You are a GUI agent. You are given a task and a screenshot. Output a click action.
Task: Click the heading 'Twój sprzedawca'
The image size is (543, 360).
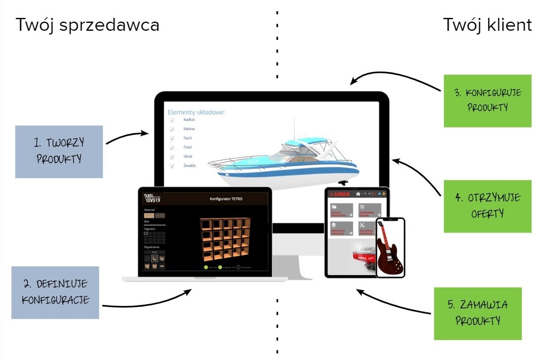click(88, 25)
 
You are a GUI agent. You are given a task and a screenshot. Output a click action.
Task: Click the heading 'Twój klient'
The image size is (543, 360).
click(488, 25)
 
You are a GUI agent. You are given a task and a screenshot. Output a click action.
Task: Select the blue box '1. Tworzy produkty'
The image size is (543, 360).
click(59, 151)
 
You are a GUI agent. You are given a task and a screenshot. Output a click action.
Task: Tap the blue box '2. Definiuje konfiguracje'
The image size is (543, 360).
click(55, 292)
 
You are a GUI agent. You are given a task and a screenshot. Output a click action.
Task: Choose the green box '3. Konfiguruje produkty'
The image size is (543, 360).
click(487, 101)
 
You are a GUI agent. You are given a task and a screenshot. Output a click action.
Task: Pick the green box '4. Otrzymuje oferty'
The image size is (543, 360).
click(487, 206)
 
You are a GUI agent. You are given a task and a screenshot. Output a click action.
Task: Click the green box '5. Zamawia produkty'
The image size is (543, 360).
click(477, 313)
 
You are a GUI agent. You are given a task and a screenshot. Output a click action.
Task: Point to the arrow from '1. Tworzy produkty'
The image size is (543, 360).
click(127, 136)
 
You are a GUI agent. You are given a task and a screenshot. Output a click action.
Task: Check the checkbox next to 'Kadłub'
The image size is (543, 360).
click(172, 120)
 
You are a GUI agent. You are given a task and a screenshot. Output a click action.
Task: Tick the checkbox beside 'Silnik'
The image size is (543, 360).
click(172, 157)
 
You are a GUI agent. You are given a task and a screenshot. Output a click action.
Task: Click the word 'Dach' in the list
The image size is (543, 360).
click(188, 138)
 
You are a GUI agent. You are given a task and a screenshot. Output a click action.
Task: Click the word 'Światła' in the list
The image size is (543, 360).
click(189, 166)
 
